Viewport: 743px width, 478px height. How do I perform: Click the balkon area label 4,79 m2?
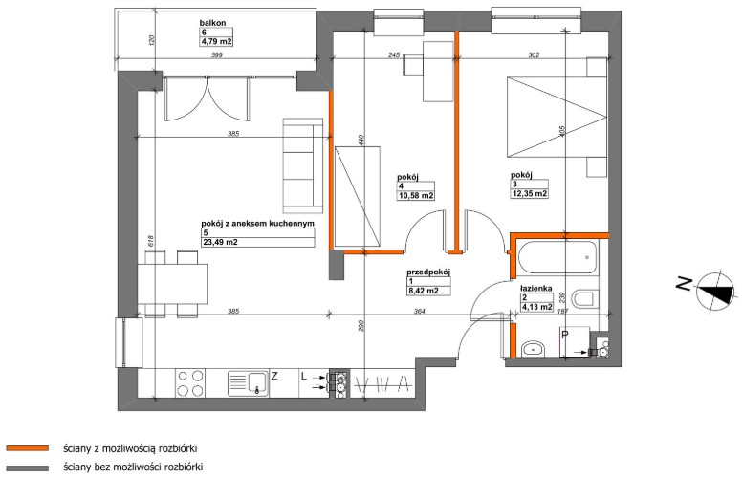pyautogui.click(x=216, y=42)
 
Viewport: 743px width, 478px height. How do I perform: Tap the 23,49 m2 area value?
pyautogui.click(x=219, y=242)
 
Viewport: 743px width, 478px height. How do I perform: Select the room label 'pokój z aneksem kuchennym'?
pyautogui.click(x=258, y=223)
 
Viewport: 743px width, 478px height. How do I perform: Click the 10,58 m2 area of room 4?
pyautogui.click(x=416, y=195)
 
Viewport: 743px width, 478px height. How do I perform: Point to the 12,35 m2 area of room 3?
pyautogui.click(x=530, y=193)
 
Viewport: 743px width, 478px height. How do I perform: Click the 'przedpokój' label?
pyautogui.click(x=427, y=272)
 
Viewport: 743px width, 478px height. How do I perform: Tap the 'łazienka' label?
pyautogui.click(x=535, y=288)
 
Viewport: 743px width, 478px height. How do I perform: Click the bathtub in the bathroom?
pyautogui.click(x=557, y=257)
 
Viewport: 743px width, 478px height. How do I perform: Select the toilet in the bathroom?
pyautogui.click(x=583, y=299)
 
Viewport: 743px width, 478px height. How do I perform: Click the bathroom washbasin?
pyautogui.click(x=534, y=349)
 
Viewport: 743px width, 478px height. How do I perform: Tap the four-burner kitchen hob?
pyautogui.click(x=191, y=382)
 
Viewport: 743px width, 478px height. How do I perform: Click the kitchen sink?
pyautogui.click(x=248, y=383)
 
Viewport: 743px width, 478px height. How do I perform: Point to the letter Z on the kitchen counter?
pyautogui.click(x=273, y=377)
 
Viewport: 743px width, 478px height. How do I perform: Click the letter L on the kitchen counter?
pyautogui.click(x=304, y=377)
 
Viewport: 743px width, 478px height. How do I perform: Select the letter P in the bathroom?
pyautogui.click(x=564, y=335)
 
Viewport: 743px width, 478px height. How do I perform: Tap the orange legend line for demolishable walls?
pyautogui.click(x=27, y=447)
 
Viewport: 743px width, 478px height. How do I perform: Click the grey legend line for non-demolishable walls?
pyautogui.click(x=27, y=468)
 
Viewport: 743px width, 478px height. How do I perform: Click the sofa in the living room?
pyautogui.click(x=303, y=165)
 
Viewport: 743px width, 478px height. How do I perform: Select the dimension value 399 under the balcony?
pyautogui.click(x=216, y=55)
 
